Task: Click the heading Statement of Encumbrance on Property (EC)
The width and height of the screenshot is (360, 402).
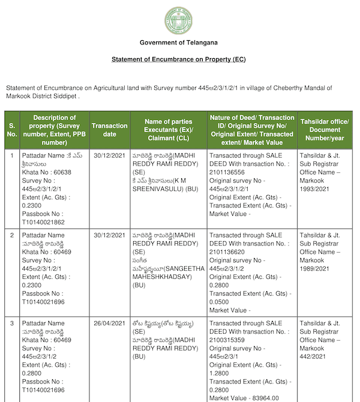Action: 178,59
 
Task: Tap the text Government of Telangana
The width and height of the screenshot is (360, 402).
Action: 178,43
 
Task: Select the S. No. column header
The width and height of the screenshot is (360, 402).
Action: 12,130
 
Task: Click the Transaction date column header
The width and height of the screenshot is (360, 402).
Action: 109,130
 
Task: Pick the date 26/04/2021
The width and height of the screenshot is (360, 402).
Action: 109,323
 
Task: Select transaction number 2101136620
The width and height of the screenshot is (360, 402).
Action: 229,252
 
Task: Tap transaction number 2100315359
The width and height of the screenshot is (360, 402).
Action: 229,340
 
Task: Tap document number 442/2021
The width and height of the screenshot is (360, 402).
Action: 313,356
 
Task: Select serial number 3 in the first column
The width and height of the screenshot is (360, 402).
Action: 12,323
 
